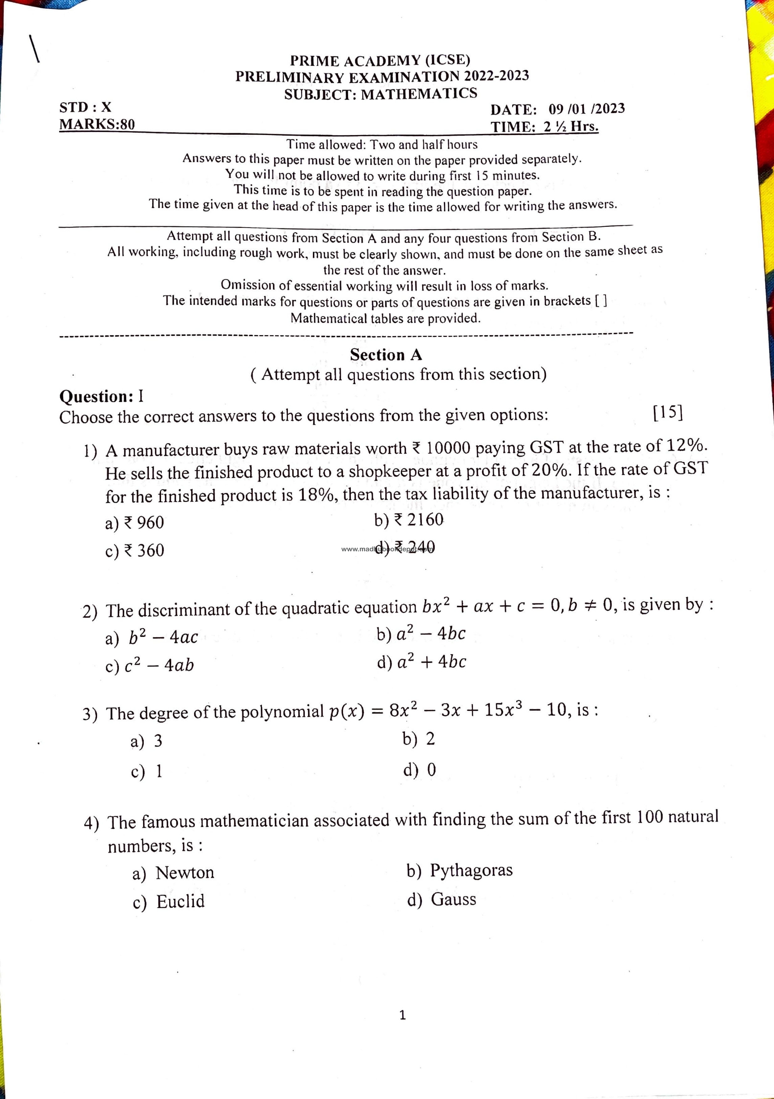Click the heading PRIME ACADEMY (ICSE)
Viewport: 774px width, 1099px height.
(x=380, y=60)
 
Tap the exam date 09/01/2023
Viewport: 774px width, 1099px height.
(x=586, y=109)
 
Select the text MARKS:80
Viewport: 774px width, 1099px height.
(x=97, y=124)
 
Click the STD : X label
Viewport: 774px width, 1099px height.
(x=85, y=107)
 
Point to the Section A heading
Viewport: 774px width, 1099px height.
(x=386, y=355)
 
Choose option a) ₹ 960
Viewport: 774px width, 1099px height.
(x=134, y=522)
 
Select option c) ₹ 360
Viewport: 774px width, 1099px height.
(x=134, y=550)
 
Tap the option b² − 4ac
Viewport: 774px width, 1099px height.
(x=152, y=637)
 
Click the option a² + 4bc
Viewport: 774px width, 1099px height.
(x=421, y=662)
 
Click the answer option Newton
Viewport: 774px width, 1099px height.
(x=173, y=872)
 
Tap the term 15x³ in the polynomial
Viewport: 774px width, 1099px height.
(x=503, y=709)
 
